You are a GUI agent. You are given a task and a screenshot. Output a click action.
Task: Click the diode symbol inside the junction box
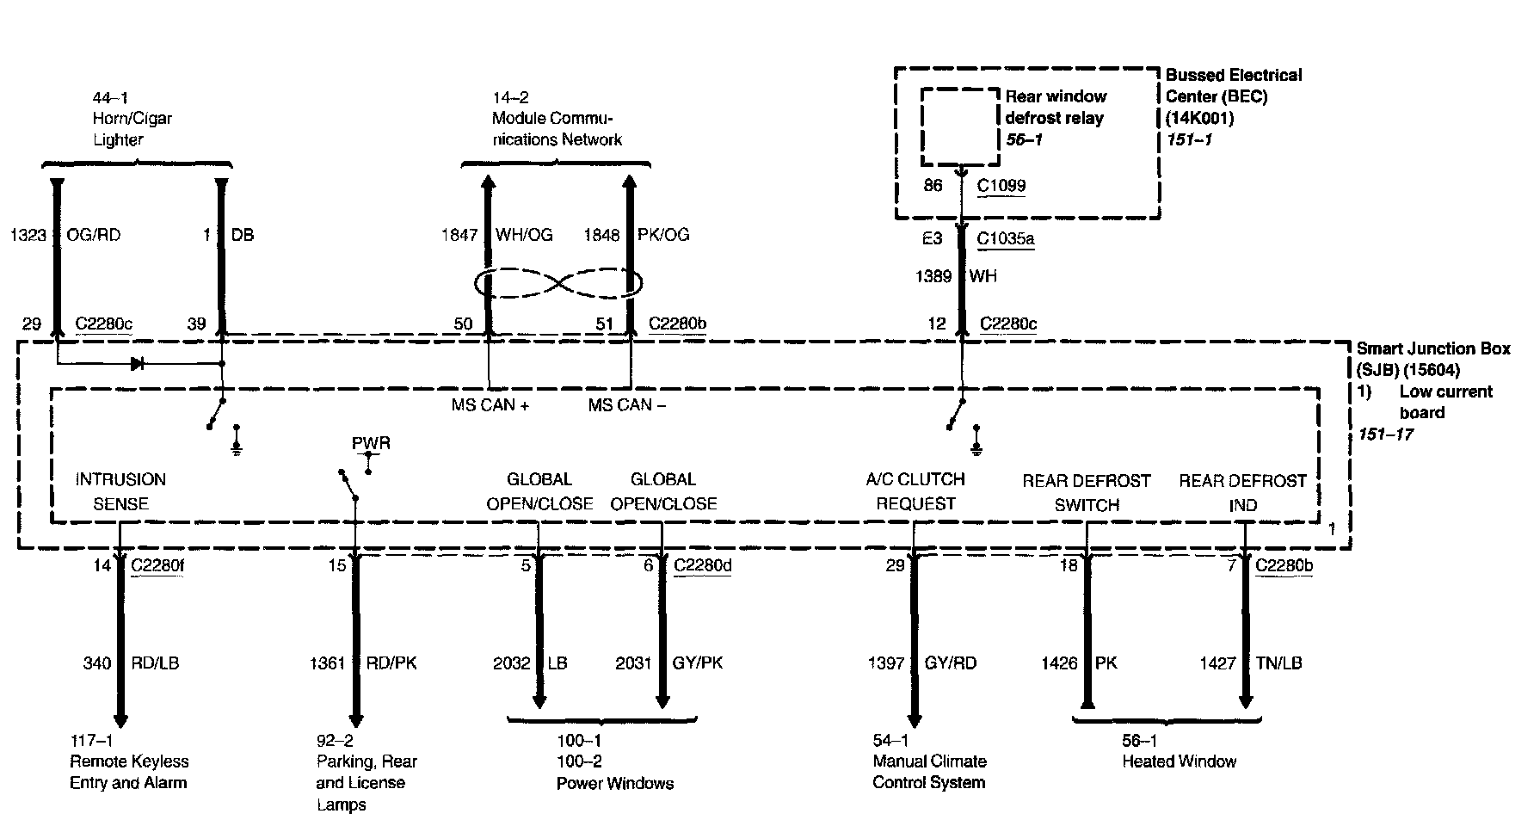(x=137, y=364)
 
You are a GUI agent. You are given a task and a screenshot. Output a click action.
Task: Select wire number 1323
(x=28, y=235)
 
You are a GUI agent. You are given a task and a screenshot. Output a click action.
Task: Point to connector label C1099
(x=1001, y=185)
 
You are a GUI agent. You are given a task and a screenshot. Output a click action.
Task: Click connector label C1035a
(x=1006, y=238)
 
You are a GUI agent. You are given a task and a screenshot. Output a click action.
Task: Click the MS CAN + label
(x=490, y=405)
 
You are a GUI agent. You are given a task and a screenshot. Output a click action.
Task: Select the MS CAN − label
(x=626, y=405)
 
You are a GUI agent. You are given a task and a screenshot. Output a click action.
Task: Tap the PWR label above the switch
(x=371, y=444)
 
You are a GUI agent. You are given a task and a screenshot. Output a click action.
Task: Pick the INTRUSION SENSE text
(x=120, y=491)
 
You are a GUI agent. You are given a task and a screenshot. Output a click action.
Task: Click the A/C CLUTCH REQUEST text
(x=915, y=491)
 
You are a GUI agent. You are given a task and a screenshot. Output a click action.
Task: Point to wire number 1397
(x=886, y=663)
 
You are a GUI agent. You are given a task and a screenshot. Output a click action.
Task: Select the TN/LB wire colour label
(x=1280, y=663)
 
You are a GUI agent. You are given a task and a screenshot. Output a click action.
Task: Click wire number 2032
(x=511, y=663)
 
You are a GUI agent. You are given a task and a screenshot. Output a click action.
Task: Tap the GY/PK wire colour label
(x=698, y=663)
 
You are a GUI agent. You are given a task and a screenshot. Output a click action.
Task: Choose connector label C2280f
(x=157, y=565)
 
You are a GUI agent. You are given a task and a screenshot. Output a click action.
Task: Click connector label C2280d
(x=702, y=565)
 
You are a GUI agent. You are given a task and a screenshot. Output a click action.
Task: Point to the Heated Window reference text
(x=1179, y=761)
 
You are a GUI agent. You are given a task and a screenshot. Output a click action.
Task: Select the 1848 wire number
(x=601, y=235)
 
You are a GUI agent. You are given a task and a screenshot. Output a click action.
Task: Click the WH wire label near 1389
(x=983, y=276)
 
